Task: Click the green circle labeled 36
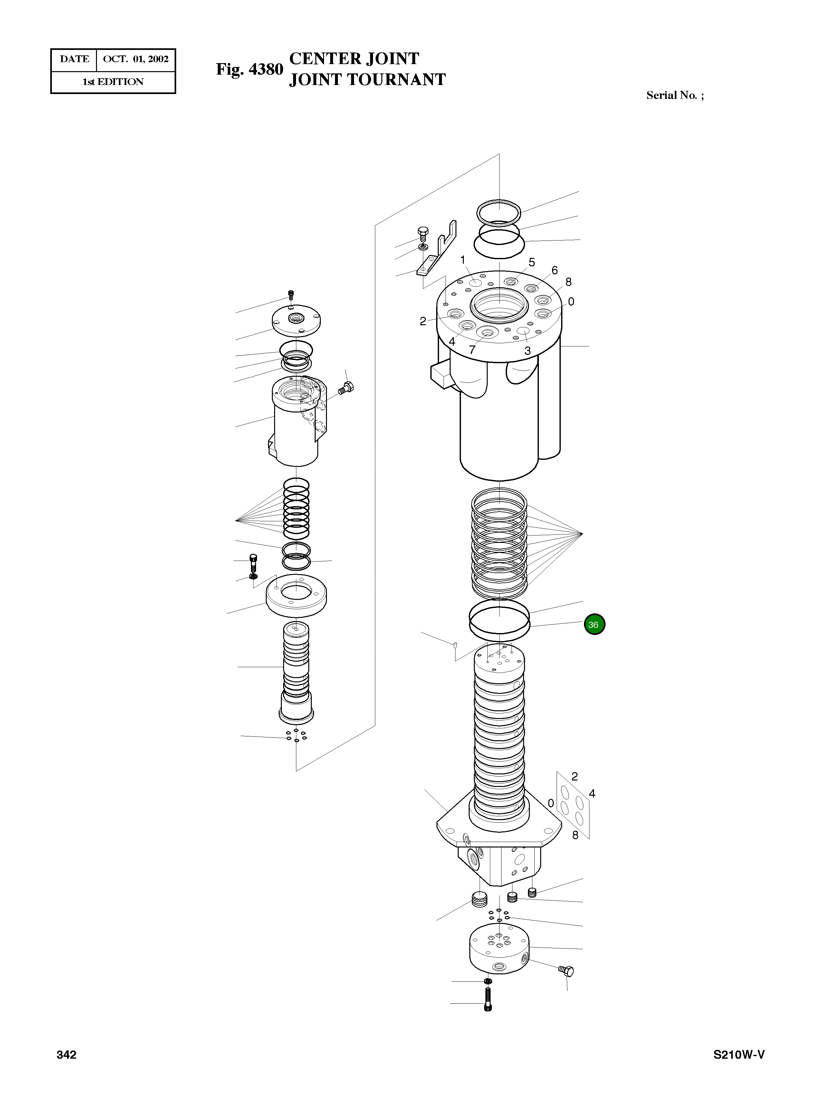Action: click(594, 624)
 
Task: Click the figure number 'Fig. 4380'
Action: click(250, 69)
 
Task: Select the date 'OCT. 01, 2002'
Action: click(136, 59)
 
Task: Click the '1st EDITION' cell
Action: click(113, 82)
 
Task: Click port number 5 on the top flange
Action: click(531, 262)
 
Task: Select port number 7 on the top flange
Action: click(472, 350)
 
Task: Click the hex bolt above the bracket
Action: click(423, 232)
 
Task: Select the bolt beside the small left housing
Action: click(347, 388)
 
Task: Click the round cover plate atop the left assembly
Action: click(296, 320)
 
